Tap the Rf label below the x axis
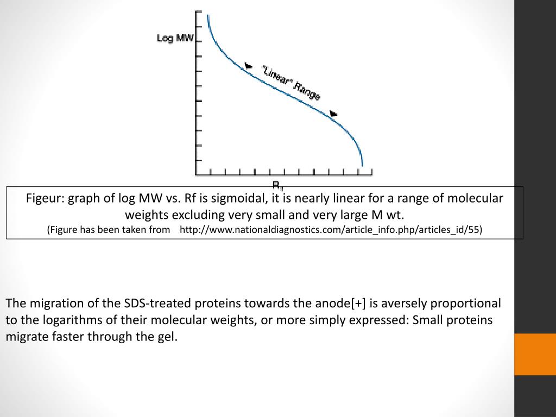point(277,184)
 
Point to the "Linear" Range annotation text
point(291,83)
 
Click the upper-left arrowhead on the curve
point(248,66)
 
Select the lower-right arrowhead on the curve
point(334,114)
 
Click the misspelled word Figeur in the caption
point(46,198)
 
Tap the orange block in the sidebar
point(535,354)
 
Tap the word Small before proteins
point(428,320)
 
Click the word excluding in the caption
point(196,214)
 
